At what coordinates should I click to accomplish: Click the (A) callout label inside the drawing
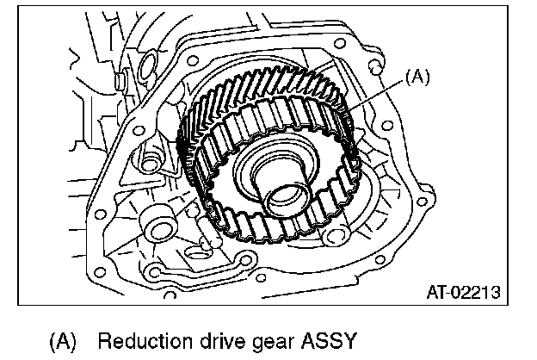click(x=416, y=78)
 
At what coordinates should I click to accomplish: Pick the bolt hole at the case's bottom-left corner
click(x=152, y=274)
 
